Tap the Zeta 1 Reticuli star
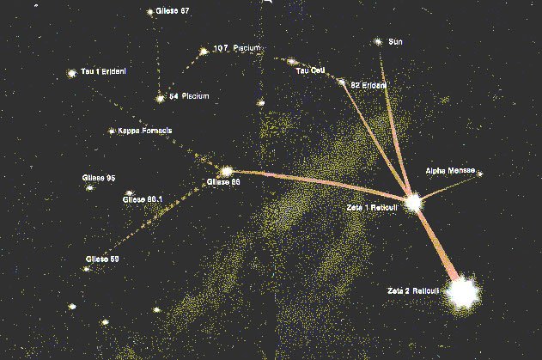point(414,203)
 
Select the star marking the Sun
point(378,41)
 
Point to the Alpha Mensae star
point(480,174)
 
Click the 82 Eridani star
point(341,83)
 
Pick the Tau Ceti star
point(292,61)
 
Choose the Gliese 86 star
point(227,172)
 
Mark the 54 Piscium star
point(160,97)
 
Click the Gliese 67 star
point(150,12)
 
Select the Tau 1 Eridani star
point(71,74)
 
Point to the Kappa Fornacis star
point(111,131)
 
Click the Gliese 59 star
point(86,269)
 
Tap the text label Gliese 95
point(99,177)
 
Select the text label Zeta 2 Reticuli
point(413,292)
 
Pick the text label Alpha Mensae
point(449,172)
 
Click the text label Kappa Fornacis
point(145,131)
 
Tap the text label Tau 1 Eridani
point(104,72)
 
